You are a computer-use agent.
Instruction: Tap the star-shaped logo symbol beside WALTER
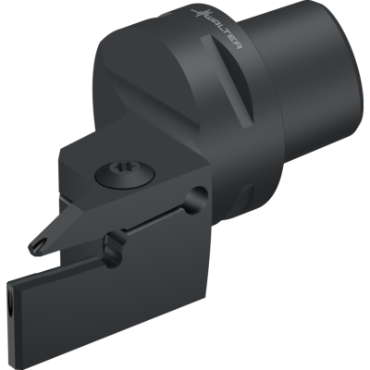198,13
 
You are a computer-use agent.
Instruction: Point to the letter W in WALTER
210,20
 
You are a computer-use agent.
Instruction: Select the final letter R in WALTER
237,45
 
